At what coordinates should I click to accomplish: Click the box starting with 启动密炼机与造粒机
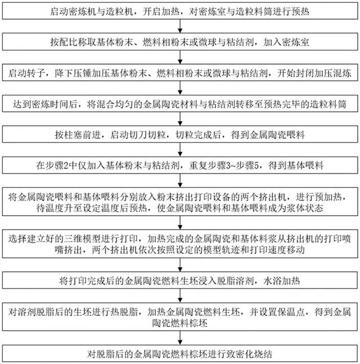point(180,11)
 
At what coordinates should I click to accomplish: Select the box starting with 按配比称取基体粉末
point(180,42)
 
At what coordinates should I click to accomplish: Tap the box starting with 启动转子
point(180,74)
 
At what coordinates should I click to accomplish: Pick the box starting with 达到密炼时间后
point(180,104)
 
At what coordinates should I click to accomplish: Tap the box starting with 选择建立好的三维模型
point(180,242)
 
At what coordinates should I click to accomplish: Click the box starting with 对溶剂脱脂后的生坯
point(180,317)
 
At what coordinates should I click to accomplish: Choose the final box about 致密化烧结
point(180,353)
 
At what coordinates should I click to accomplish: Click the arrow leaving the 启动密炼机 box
point(180,26)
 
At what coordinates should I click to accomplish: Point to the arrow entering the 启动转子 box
point(180,58)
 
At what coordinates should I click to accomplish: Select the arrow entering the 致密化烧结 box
point(180,338)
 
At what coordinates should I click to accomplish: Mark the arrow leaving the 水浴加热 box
point(180,294)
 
